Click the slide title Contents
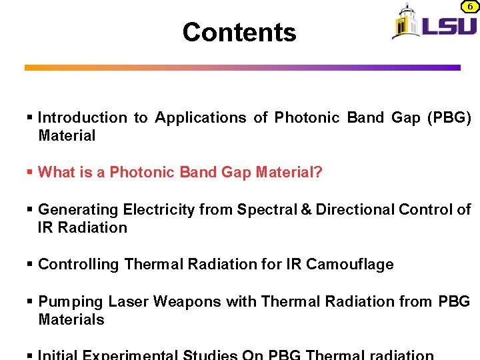tap(239, 32)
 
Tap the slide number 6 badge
tap(469, 6)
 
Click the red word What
tap(56, 173)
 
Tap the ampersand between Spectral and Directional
tap(306, 209)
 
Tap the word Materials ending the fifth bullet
tap(71, 320)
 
